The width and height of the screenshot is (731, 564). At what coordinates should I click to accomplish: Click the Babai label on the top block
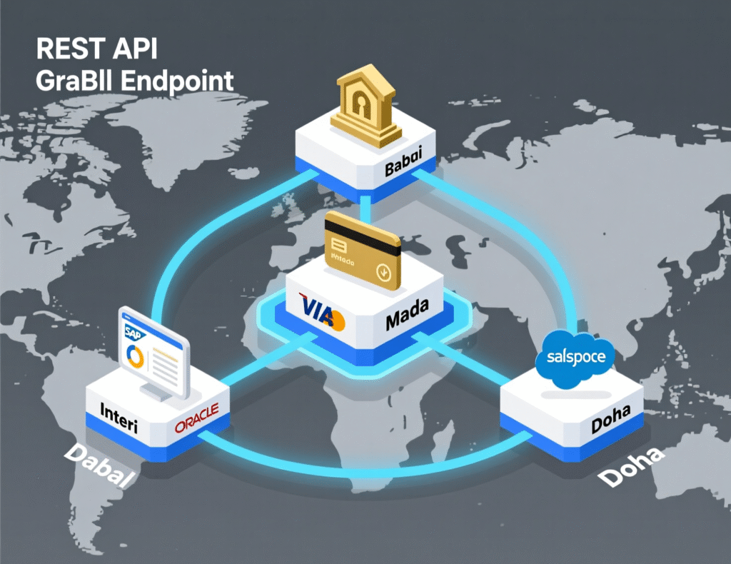click(x=405, y=171)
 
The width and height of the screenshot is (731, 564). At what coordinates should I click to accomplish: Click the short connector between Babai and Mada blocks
click(x=366, y=208)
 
